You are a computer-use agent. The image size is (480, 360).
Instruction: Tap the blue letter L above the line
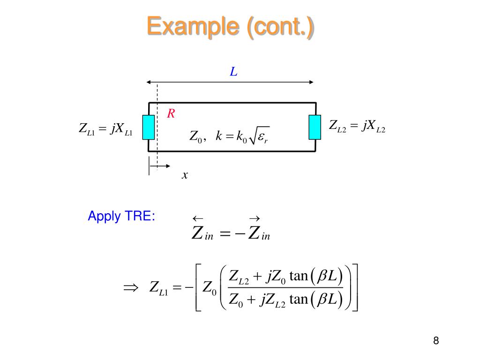coord(233,72)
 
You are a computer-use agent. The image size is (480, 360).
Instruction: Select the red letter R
coord(171,114)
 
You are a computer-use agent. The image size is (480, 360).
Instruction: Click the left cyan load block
coord(149,127)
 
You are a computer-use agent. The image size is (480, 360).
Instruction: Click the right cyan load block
coord(315,127)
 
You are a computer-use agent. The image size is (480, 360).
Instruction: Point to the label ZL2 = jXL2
coord(357,126)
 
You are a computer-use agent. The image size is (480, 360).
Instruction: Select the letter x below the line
coord(185,175)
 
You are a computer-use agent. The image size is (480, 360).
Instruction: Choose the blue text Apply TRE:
coord(121,217)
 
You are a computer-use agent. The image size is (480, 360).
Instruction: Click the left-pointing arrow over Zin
coord(197,219)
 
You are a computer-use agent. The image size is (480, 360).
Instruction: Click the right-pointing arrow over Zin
coord(255,219)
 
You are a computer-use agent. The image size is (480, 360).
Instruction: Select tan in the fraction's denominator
coord(298,299)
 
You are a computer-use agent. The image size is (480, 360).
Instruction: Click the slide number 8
coord(436,341)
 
